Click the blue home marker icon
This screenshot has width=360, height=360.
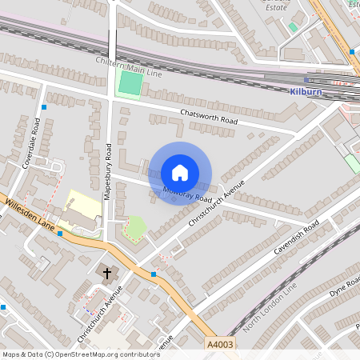pos(180,173)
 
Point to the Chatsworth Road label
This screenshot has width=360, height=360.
pos(210,116)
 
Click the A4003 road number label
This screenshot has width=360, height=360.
pos(222,343)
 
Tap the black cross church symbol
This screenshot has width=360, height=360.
pos(107,273)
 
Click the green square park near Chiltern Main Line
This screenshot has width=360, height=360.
pos(128,83)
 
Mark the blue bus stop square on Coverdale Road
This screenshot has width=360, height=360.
pos(45,106)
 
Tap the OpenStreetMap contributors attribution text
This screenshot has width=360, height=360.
pos(80,354)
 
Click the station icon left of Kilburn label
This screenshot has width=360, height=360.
pos(306,80)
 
